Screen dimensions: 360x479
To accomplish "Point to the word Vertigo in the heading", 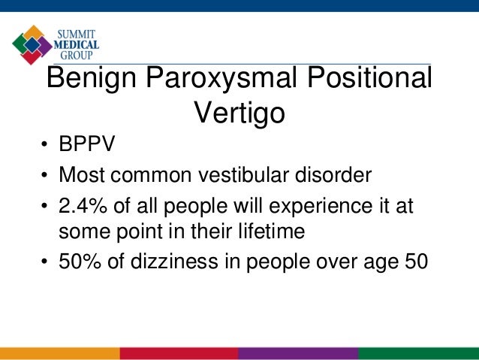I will (x=239, y=114).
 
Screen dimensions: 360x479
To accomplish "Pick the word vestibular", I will (x=249, y=177).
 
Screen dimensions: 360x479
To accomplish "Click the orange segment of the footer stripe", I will (x=60, y=353).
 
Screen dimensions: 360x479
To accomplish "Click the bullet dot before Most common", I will (x=46, y=178).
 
